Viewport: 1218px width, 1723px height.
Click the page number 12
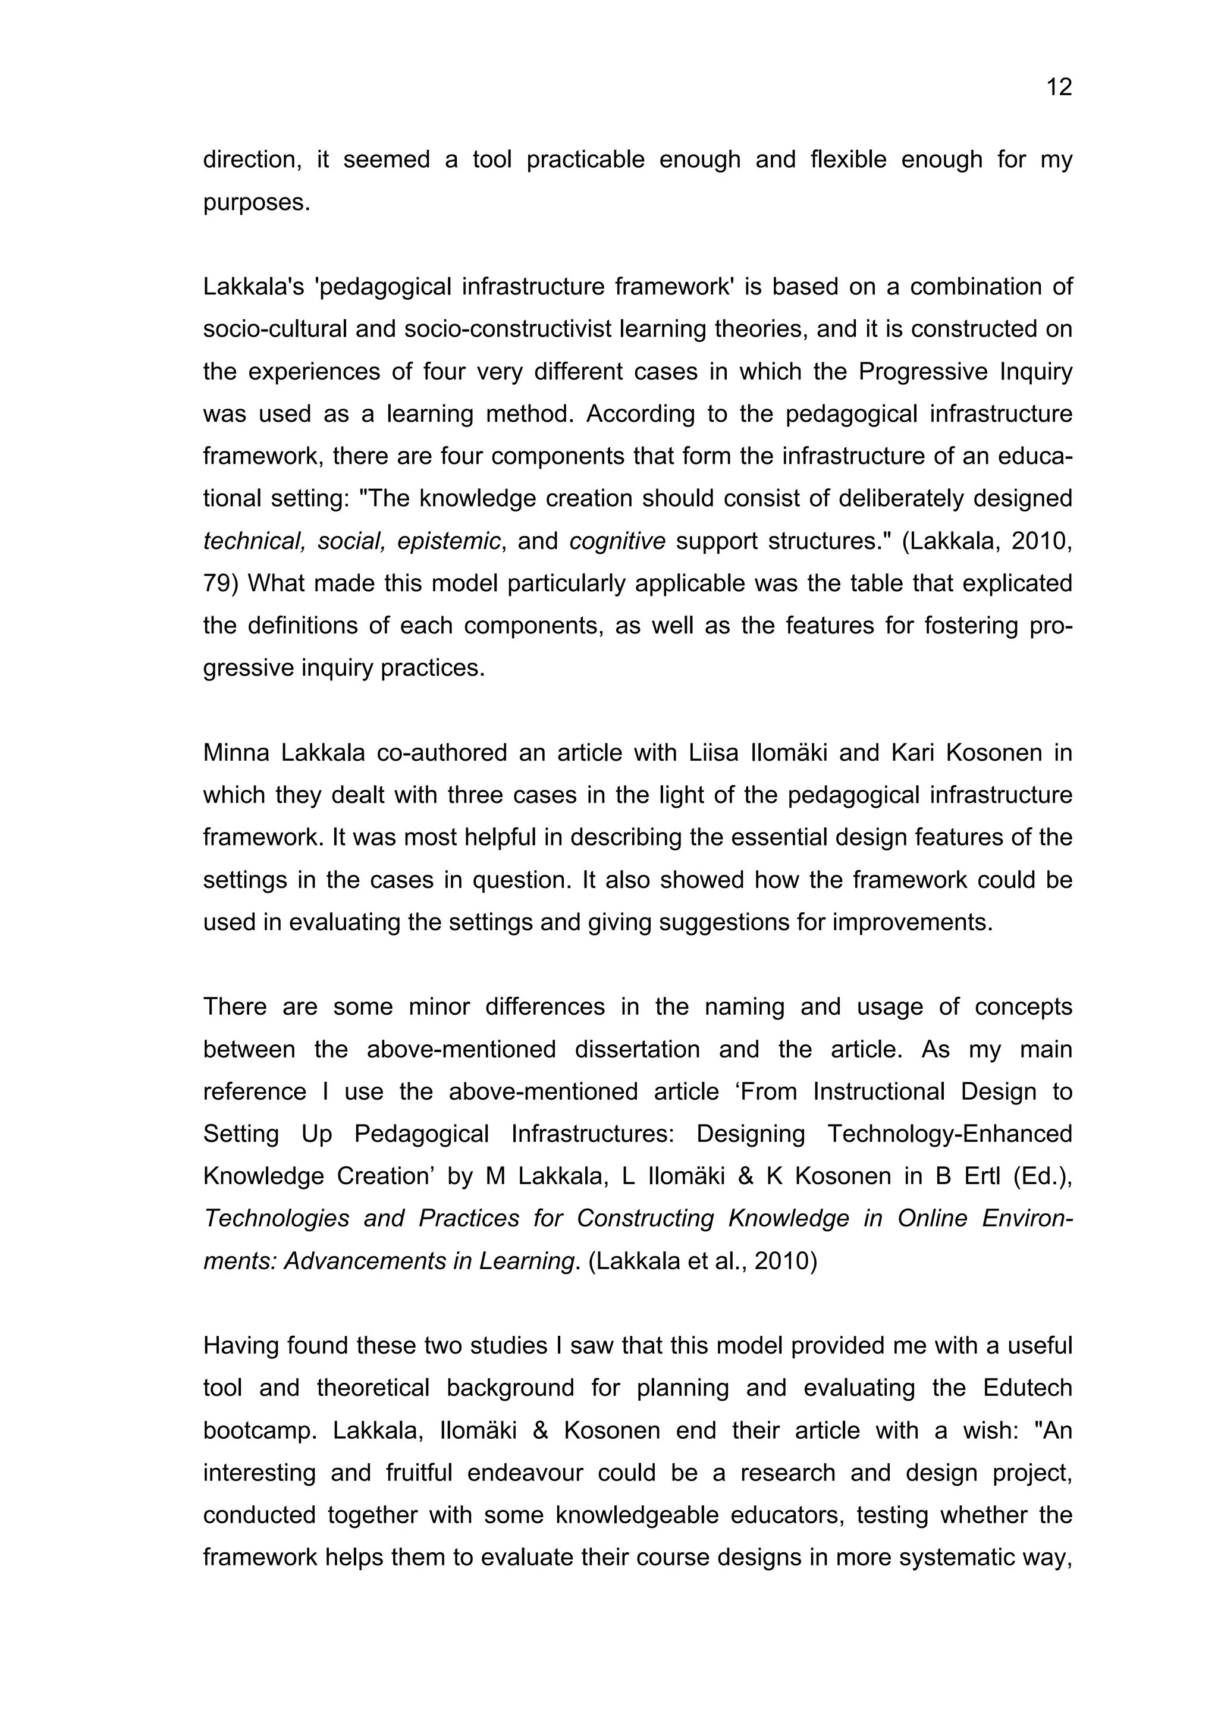point(1058,88)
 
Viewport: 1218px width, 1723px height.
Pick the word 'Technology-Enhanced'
point(949,1134)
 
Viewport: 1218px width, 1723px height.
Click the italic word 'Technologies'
point(276,1219)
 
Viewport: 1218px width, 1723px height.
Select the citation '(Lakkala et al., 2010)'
point(702,1261)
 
